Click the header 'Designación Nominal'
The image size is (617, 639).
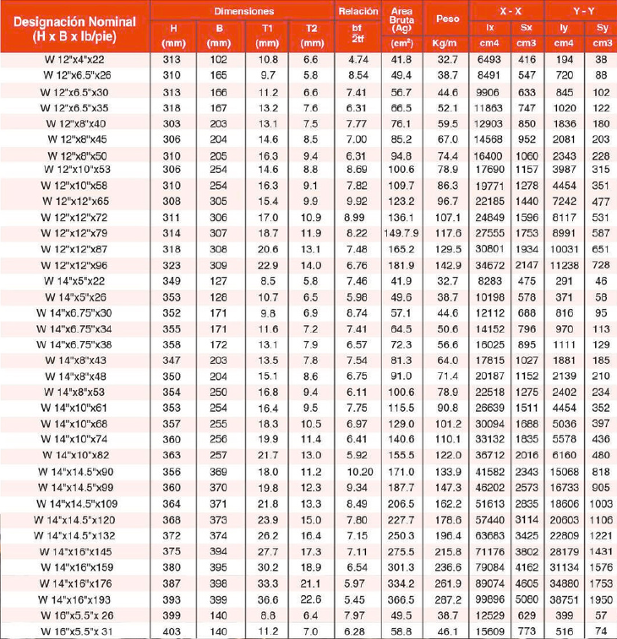[75, 19]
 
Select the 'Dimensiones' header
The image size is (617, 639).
[243, 11]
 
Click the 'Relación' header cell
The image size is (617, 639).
[354, 11]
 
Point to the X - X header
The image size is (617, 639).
[510, 11]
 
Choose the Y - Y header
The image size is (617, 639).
[582, 11]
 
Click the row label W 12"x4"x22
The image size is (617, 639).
[75, 59]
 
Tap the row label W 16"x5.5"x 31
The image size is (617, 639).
[75, 631]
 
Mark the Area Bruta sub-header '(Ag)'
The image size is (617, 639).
[402, 28]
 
